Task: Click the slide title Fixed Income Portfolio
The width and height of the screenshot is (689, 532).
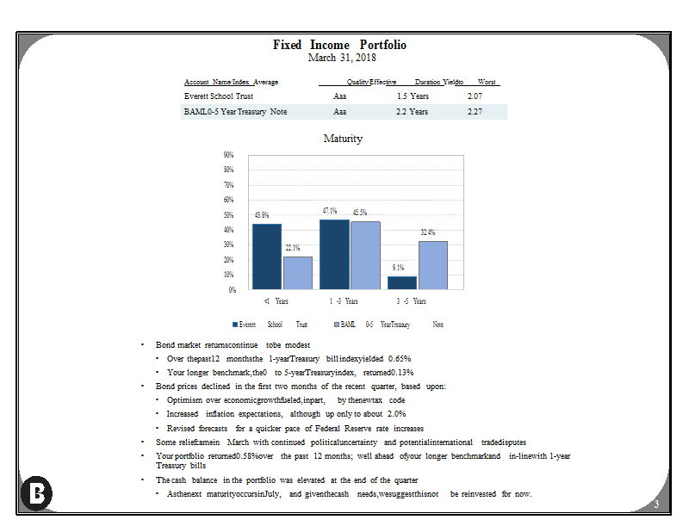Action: (339, 45)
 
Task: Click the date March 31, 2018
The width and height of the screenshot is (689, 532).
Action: (342, 58)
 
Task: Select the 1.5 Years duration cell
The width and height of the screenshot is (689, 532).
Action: (413, 96)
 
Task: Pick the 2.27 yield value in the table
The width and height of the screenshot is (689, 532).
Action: (475, 112)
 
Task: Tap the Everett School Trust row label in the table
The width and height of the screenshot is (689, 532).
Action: (219, 96)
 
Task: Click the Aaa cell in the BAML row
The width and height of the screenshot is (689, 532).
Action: (339, 112)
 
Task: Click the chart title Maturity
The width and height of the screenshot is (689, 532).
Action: (343, 139)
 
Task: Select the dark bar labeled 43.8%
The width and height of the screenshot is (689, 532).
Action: (267, 257)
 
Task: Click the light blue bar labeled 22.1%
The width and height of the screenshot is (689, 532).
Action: (298, 273)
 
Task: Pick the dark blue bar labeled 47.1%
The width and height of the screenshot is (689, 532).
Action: (334, 254)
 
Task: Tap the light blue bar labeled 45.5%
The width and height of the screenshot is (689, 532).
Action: (365, 255)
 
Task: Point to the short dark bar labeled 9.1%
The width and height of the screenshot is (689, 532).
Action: (402, 282)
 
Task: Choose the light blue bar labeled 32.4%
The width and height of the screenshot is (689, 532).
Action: (433, 265)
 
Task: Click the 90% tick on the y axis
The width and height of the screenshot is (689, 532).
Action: (228, 155)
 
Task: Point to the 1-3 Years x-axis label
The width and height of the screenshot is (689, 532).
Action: (344, 301)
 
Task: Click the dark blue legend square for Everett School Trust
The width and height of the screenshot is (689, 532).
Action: (235, 325)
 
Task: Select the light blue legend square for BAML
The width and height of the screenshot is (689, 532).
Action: (337, 325)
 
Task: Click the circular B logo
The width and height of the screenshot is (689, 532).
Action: (36, 493)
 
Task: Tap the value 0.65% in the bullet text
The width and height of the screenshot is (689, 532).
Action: (400, 359)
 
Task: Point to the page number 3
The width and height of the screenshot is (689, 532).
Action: (656, 504)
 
